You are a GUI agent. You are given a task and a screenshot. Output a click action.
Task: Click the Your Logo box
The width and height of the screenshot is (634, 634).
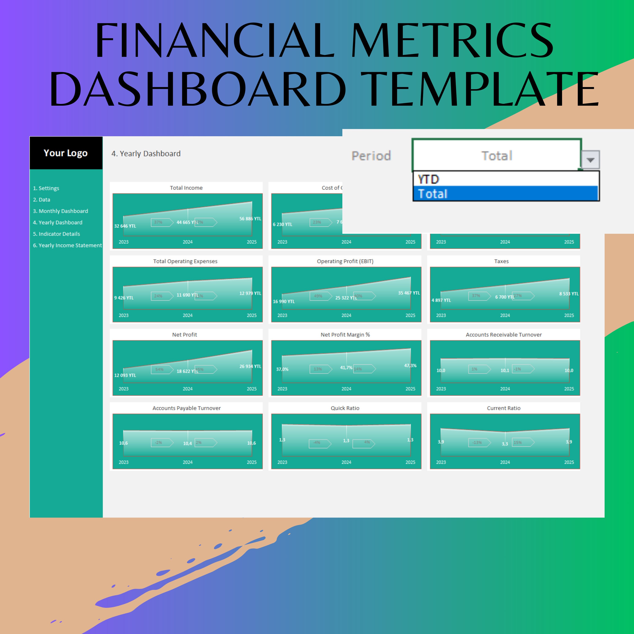click(66, 153)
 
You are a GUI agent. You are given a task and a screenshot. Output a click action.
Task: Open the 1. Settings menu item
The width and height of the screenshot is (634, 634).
click(46, 188)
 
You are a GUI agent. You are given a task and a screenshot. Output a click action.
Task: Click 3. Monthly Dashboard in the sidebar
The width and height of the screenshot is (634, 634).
click(60, 211)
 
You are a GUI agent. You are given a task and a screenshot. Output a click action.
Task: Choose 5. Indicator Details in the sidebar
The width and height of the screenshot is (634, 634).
click(56, 234)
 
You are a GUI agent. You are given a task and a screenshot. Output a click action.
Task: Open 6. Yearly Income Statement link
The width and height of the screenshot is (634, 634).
click(67, 245)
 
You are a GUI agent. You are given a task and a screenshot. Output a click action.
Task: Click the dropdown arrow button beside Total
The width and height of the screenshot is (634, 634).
click(590, 160)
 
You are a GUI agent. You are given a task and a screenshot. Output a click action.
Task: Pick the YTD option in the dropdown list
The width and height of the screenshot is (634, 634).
click(428, 179)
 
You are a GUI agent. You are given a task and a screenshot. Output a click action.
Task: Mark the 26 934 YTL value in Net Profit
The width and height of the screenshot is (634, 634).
click(250, 366)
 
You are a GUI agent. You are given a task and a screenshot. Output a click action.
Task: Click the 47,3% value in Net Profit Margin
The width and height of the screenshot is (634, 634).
click(410, 366)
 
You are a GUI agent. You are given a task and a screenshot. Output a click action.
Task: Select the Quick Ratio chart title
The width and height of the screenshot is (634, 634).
click(345, 408)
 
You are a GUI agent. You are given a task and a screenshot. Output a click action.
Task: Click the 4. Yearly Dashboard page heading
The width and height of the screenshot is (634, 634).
click(146, 154)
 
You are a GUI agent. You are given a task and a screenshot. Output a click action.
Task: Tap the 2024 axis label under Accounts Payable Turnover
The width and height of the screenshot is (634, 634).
click(188, 462)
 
